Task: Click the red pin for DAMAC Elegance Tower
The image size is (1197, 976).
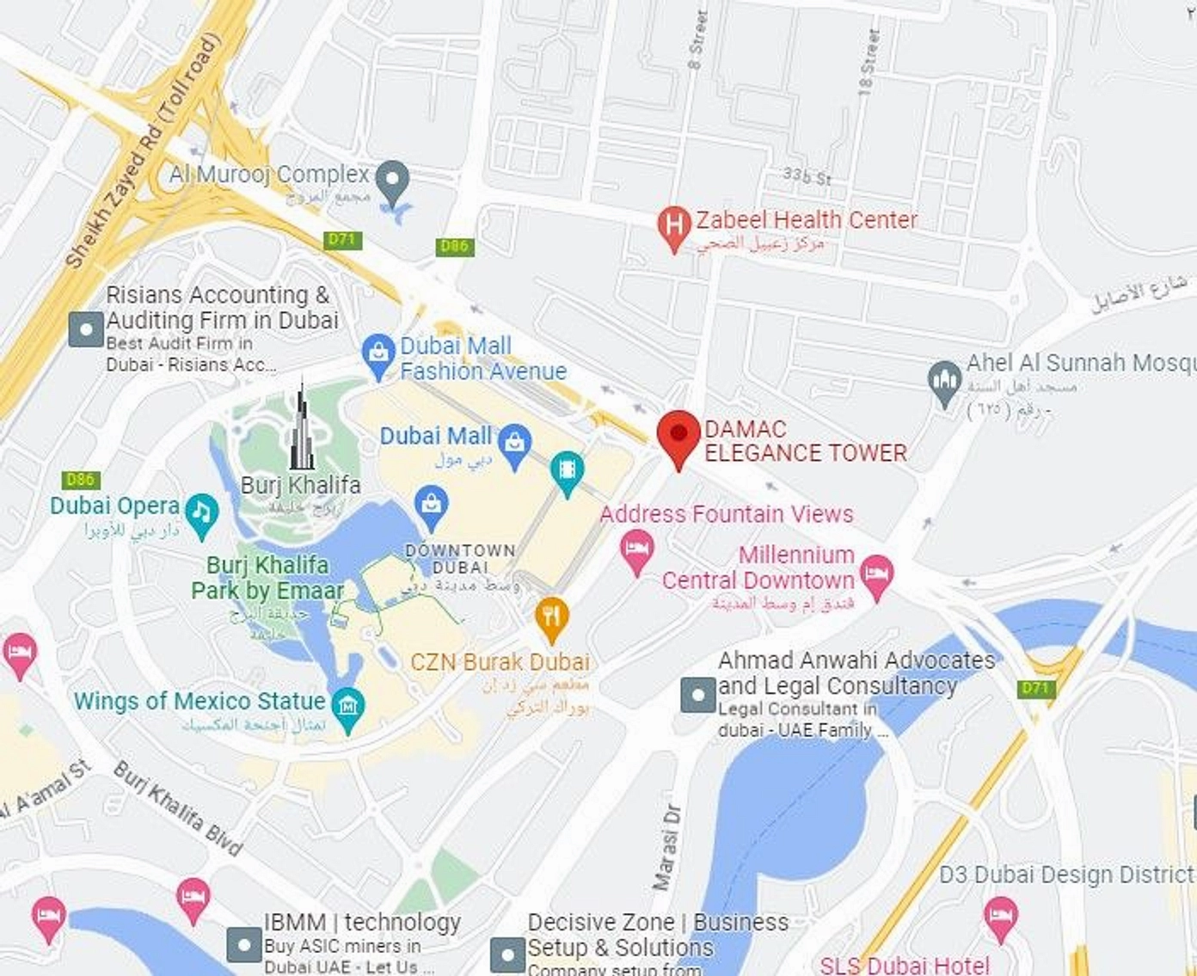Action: (678, 435)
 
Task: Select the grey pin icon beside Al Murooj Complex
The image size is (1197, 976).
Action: (394, 181)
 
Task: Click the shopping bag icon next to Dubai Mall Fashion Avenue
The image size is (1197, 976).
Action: (378, 353)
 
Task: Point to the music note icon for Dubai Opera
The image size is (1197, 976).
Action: (202, 513)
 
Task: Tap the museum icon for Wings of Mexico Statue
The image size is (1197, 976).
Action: (347, 708)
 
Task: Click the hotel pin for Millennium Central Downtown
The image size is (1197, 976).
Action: (876, 574)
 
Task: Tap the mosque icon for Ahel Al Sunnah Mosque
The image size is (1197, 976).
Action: (945, 380)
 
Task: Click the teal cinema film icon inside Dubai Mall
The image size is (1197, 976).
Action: (567, 470)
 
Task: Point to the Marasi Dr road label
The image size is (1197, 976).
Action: (666, 846)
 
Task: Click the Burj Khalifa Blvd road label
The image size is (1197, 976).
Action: (178, 808)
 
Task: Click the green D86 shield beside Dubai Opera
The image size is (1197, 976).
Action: (81, 480)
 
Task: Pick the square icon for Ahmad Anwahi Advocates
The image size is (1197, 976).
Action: (697, 695)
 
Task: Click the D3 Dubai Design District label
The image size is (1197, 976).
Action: (1066, 875)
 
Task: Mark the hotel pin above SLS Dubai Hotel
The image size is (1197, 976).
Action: (1000, 913)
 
